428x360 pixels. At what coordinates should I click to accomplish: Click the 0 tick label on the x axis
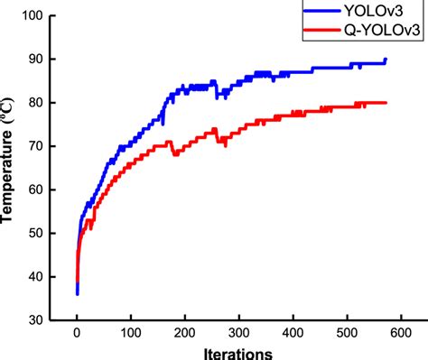[77, 331]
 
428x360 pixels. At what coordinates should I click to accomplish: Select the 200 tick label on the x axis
[184, 331]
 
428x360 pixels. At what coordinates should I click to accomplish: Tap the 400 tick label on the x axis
[293, 331]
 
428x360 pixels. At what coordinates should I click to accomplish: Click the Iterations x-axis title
[238, 351]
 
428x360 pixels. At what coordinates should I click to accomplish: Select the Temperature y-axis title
[11, 168]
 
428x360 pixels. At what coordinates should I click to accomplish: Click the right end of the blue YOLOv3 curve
[386, 60]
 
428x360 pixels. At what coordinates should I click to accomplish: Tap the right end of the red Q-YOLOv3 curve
[386, 103]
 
